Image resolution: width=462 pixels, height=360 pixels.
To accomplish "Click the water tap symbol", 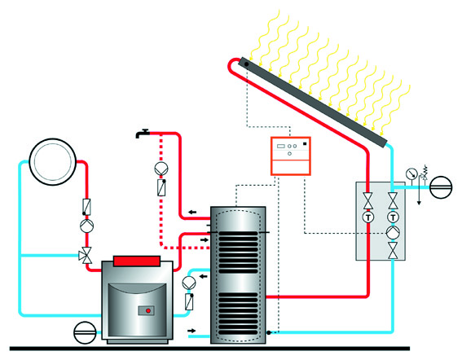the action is [x=143, y=134].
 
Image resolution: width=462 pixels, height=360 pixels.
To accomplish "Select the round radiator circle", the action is [x=53, y=162].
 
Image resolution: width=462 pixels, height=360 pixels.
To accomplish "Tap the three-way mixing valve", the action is [x=86, y=255].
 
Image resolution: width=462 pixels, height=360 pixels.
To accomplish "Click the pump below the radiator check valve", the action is [x=87, y=226].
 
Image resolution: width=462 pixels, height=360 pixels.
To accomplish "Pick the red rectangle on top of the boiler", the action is [x=137, y=261].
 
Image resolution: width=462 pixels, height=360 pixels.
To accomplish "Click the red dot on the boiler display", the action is [x=148, y=310].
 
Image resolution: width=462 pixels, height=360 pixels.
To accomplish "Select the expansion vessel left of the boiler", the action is [x=85, y=332].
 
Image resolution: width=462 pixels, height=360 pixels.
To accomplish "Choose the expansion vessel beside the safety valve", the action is [x=441, y=187].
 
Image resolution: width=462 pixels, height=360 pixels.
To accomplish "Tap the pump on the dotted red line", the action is [x=161, y=169].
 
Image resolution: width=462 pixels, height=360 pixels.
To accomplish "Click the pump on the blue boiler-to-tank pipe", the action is [x=189, y=283].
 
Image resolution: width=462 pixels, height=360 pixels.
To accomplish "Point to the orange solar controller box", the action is [x=291, y=156].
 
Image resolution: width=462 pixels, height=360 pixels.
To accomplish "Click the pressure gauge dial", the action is [x=411, y=173].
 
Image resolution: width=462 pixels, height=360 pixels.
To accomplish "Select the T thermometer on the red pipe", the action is [x=368, y=217].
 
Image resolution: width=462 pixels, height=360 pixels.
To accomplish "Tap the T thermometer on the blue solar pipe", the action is [x=393, y=217].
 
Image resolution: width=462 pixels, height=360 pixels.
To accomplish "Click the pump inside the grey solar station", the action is [x=393, y=232].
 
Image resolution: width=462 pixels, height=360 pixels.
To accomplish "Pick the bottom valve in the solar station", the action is [x=393, y=251].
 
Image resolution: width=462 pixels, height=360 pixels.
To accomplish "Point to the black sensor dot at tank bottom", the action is [x=269, y=332].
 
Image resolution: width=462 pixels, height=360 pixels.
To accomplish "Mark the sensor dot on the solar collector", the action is [x=247, y=64].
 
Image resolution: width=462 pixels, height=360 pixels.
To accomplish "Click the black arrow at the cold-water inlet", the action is [x=191, y=331].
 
